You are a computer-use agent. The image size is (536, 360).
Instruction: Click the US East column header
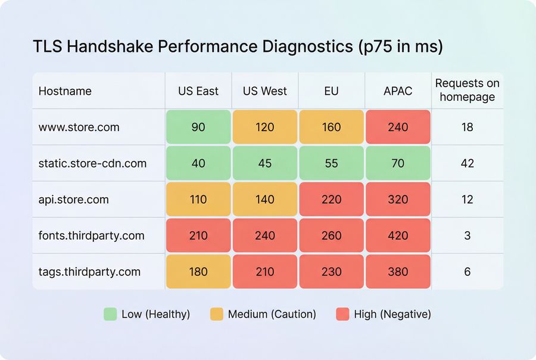click(198, 91)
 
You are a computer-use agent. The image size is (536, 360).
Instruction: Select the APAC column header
click(398, 91)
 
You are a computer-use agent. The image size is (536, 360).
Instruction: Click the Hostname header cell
click(65, 91)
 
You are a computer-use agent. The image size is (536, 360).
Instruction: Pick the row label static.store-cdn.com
click(92, 163)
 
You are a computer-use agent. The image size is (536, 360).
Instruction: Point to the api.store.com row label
click(74, 200)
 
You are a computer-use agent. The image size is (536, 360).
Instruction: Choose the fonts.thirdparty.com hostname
click(91, 235)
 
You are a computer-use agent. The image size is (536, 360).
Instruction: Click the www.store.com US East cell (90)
click(198, 127)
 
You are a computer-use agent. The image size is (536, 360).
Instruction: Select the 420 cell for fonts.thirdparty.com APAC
click(398, 235)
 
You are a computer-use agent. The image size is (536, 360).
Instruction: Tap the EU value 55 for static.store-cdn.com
click(331, 163)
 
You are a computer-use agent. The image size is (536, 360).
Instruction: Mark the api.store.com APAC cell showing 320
click(398, 200)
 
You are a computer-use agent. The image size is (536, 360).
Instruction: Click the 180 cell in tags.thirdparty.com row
click(198, 272)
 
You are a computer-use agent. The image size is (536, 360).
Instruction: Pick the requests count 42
click(468, 163)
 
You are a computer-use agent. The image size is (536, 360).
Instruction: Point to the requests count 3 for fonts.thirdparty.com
click(468, 235)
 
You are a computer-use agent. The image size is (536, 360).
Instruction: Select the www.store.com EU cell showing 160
click(331, 127)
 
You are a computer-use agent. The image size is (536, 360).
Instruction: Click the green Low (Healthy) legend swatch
click(110, 314)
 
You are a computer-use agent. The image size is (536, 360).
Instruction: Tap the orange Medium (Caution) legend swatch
click(217, 314)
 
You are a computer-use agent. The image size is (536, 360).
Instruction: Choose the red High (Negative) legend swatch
click(342, 314)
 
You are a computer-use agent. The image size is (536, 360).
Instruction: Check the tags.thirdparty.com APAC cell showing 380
click(398, 272)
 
